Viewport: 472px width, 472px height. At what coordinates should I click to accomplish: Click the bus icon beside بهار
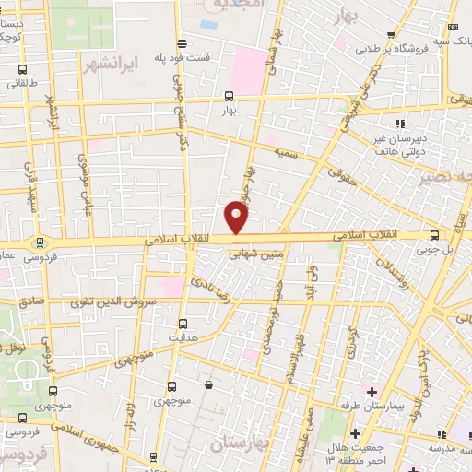[x=229, y=96]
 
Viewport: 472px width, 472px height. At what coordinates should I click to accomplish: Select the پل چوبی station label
[x=435, y=249]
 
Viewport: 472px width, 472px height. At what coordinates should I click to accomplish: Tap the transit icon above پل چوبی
[x=435, y=236]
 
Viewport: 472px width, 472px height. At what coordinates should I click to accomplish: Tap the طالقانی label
[x=22, y=84]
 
